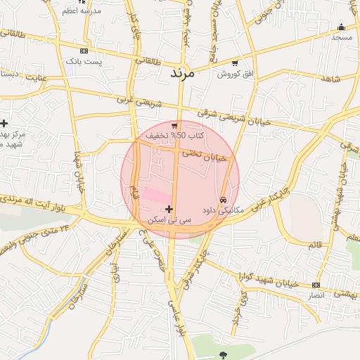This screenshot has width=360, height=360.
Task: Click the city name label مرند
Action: pyautogui.click(x=181, y=72)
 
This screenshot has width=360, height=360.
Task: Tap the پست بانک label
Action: pyautogui.click(x=84, y=63)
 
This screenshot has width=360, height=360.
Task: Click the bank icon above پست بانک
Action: pyautogui.click(x=84, y=51)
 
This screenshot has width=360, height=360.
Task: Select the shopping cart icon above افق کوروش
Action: pyautogui.click(x=234, y=63)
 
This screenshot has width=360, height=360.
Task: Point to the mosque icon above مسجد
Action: pyautogui.click(x=341, y=27)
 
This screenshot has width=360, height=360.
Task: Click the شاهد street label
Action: pyautogui.click(x=330, y=79)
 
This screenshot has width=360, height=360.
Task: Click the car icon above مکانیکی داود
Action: pyautogui.click(x=224, y=200)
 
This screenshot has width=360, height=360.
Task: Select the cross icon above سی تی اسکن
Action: pyautogui.click(x=169, y=210)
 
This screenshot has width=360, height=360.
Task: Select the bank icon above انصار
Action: pyautogui.click(x=316, y=285)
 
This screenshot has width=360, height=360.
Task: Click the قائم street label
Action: pyautogui.click(x=314, y=245)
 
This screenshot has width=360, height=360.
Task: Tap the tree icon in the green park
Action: pyautogui.click(x=224, y=354)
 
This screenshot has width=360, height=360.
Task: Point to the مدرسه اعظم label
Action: pyautogui.click(x=82, y=11)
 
